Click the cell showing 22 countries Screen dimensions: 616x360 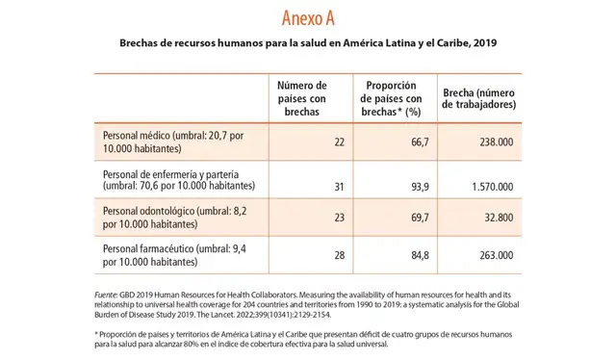(x=340, y=142)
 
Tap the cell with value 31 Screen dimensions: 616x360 (x=340, y=187)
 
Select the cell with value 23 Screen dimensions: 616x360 (x=340, y=219)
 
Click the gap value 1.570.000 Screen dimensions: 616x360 (x=488, y=187)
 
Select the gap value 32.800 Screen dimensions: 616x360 (x=496, y=219)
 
